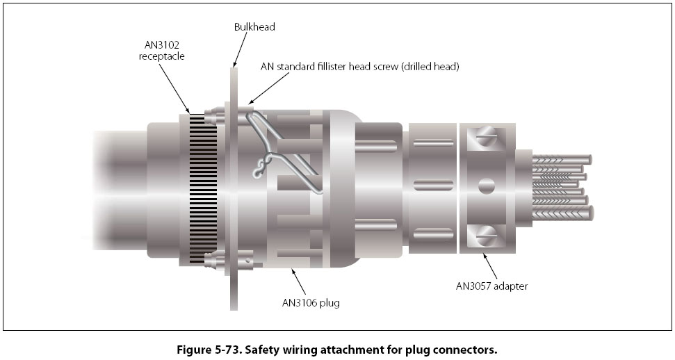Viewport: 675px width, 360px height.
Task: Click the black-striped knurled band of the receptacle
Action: [x=202, y=188]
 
